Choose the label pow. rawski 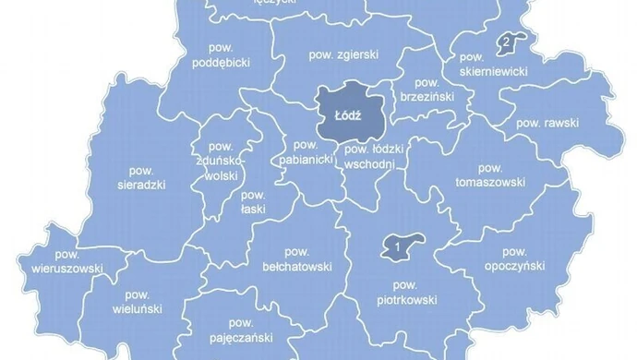(x=546, y=123)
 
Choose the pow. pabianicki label (x=305, y=153)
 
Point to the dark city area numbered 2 (x=507, y=42)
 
